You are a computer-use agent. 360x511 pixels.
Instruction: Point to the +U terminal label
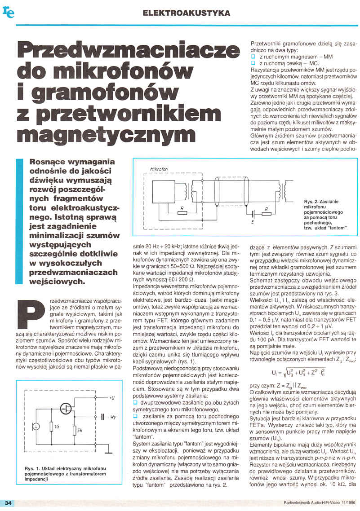[x=111, y=398]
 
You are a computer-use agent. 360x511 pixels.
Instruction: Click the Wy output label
[x=113, y=417]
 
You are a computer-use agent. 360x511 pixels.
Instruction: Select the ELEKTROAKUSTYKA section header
[x=186, y=13]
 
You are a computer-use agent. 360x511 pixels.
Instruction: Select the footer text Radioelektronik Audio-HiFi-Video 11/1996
[x=319, y=502]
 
